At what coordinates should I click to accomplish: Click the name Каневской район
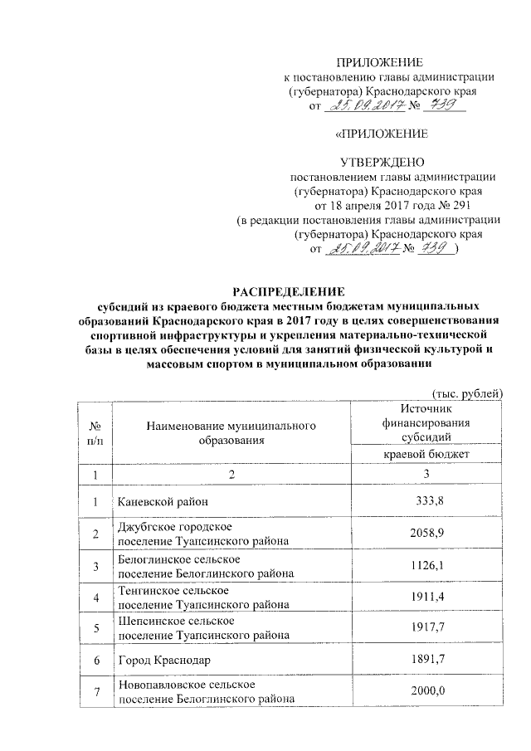157,501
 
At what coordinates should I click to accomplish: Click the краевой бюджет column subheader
428,455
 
